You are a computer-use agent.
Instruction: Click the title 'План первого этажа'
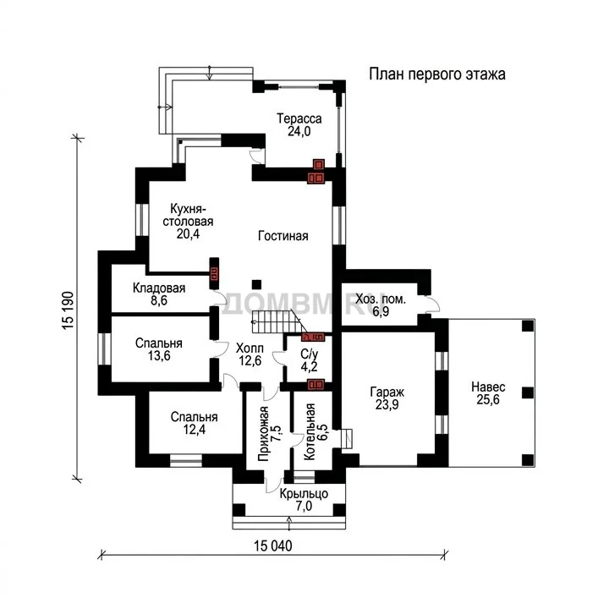coord(437,74)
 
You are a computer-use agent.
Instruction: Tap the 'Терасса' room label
coord(299,118)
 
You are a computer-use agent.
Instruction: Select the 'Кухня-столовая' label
coord(188,215)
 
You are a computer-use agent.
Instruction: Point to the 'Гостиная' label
coord(283,236)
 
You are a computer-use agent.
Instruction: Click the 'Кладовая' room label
coord(159,288)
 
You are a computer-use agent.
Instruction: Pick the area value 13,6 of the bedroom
coord(159,355)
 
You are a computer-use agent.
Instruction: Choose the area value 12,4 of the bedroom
coord(195,429)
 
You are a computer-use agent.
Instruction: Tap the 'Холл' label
coord(250,348)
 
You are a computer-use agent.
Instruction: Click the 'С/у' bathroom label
coord(310,354)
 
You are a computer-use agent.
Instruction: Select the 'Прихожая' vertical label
coord(263,433)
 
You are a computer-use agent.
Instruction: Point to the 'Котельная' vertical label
coord(310,432)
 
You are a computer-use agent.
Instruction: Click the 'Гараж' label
coord(387,392)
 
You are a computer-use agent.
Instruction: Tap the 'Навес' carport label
coord(488,387)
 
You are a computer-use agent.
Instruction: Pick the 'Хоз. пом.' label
coord(381,299)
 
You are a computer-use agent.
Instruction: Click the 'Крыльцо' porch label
coord(304,494)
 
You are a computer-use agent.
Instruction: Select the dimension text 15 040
coord(273,546)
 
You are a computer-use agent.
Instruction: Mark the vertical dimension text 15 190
coord(68,310)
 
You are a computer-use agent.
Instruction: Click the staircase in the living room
coord(277,321)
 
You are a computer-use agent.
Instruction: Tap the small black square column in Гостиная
coord(256,284)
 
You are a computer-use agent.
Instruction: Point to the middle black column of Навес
coord(528,393)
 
